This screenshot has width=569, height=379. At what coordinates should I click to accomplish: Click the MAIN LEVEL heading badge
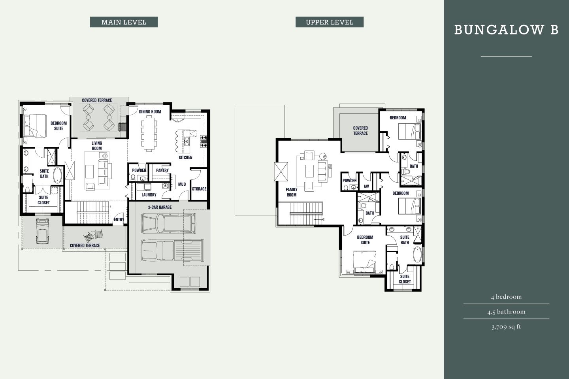click(x=124, y=22)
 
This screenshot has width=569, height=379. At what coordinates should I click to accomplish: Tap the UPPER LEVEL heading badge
click(x=329, y=22)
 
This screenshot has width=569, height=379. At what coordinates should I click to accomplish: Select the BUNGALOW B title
click(x=506, y=30)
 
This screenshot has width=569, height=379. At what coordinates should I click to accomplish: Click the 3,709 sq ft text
click(x=506, y=327)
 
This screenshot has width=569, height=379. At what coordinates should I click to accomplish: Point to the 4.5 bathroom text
click(x=506, y=312)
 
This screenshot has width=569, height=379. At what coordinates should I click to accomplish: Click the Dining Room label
click(x=150, y=111)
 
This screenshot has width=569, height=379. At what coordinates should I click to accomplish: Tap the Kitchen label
click(x=185, y=157)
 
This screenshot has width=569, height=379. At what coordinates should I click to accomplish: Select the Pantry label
click(x=162, y=170)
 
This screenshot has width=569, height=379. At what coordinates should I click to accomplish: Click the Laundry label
click(x=149, y=195)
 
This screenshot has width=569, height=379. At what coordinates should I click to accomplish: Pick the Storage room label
click(x=199, y=189)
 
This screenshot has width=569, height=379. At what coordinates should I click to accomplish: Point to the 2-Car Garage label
click(x=160, y=207)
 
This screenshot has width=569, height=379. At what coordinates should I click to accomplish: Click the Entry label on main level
click(x=119, y=220)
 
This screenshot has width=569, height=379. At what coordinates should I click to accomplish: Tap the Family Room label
click(x=292, y=192)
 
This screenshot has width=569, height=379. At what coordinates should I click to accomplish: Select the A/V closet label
click(x=366, y=187)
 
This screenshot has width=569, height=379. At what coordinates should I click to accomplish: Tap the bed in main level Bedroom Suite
click(x=34, y=125)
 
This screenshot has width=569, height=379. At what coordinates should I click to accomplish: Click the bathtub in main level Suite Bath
click(x=58, y=175)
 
